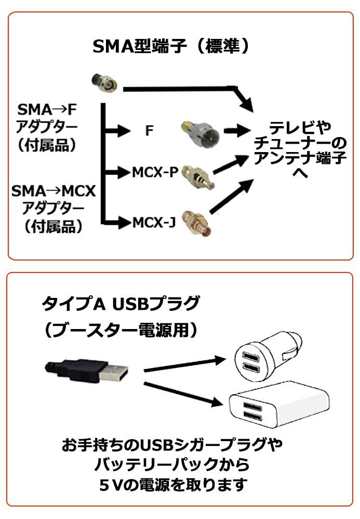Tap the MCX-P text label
tap(155, 171)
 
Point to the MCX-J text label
tap(154, 224)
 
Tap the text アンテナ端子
tap(300, 158)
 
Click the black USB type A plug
tap(86, 370)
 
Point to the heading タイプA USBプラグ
tap(121, 303)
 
